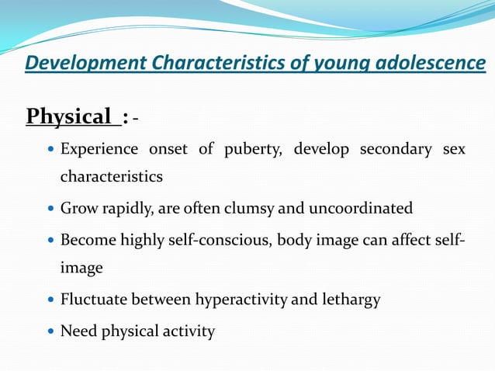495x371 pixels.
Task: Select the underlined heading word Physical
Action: [x=69, y=117]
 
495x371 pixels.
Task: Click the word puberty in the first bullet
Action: [x=249, y=149]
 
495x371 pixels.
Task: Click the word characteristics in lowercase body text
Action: [x=112, y=176]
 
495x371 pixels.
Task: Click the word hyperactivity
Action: [x=242, y=300]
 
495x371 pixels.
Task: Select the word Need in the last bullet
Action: [x=78, y=331]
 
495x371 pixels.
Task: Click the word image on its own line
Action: [x=81, y=269]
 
